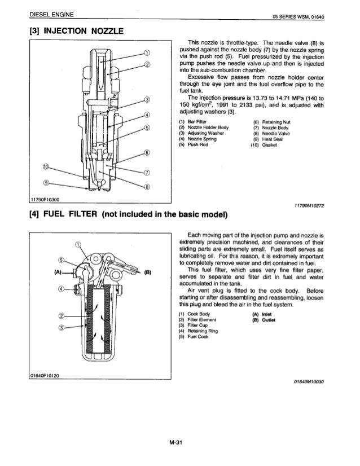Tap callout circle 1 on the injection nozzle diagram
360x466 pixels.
pyautogui.click(x=147, y=53)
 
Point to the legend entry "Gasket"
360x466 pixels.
pyautogui.click(x=261, y=143)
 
